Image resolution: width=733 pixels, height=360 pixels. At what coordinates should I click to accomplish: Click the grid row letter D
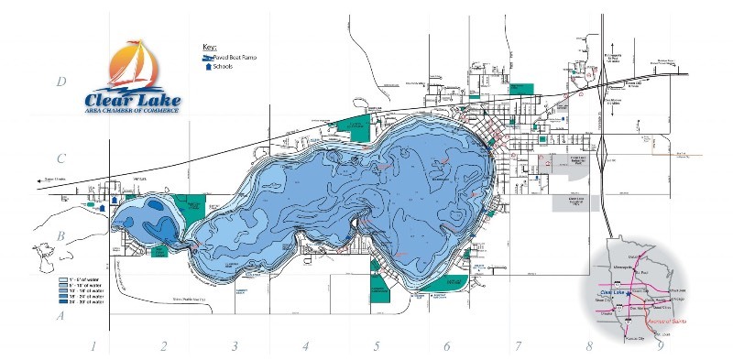pos(60,82)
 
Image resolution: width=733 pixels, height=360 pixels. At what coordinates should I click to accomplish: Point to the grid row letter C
pos(60,158)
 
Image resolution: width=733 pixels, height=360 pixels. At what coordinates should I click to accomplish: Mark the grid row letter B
pos(60,236)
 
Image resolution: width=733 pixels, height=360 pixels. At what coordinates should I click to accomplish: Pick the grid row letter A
pos(60,316)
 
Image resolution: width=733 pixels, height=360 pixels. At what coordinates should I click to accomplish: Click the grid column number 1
pos(93,346)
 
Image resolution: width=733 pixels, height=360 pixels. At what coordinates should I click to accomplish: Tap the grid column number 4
pos(306,346)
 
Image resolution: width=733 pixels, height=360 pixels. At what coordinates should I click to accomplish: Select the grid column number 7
pos(518,346)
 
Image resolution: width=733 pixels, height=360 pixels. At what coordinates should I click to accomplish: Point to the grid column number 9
pos(660,346)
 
